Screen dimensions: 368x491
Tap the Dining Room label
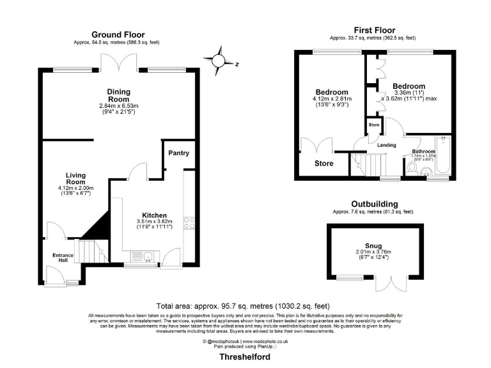[x=118, y=95]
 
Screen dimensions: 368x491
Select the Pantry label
[x=178, y=153]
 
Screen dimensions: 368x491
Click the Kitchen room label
[x=155, y=215]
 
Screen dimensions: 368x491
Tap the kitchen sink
[x=147, y=257]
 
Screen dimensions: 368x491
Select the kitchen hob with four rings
[x=189, y=222]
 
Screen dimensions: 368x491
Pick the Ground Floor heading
[x=118, y=34]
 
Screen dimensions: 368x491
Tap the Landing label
[x=387, y=145]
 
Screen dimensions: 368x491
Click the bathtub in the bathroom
[x=442, y=157]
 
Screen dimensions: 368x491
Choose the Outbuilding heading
[x=373, y=204]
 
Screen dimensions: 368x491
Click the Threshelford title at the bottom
[x=246, y=357]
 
